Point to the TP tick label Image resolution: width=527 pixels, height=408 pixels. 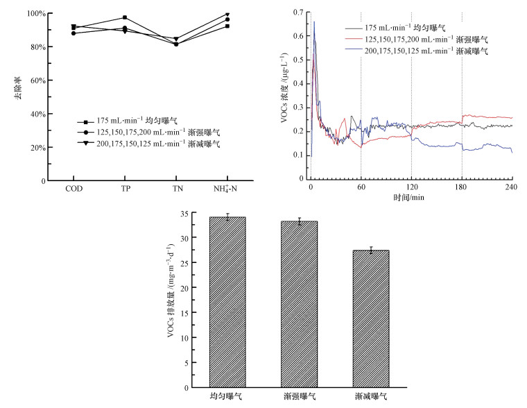(x=125, y=189)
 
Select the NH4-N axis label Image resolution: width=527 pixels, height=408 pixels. (x=226, y=189)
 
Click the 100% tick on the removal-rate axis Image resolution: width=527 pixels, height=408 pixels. (x=36, y=14)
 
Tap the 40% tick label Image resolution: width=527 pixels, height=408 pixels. (x=37, y=114)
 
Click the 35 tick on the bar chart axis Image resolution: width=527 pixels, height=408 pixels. (x=183, y=214)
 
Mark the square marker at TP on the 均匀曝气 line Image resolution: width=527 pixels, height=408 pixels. (x=125, y=17)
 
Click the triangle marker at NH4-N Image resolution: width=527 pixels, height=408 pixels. (x=227, y=14)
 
